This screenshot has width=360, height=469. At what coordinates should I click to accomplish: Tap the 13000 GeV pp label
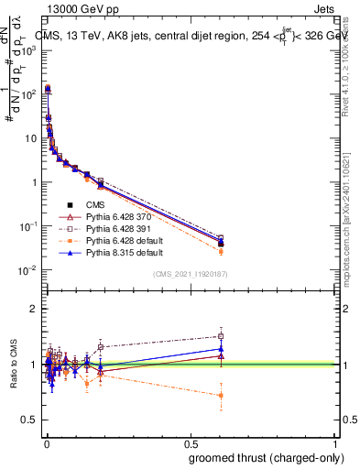coord(75,8)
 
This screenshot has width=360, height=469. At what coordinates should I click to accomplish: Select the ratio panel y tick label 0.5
coord(29,420)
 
